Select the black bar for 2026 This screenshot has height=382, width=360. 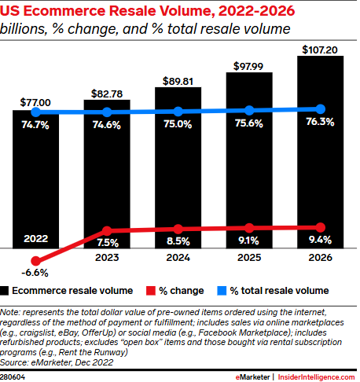(x=321, y=157)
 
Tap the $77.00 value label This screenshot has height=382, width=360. (x=35, y=102)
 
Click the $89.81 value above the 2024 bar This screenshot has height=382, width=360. (x=178, y=79)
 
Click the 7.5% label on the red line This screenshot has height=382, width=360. (x=108, y=242)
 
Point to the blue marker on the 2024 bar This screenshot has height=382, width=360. (x=178, y=112)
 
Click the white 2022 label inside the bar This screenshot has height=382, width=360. (x=35, y=238)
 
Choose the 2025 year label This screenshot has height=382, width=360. (x=250, y=256)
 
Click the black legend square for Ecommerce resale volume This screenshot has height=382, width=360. (x=6, y=290)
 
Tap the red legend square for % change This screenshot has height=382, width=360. (x=154, y=290)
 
